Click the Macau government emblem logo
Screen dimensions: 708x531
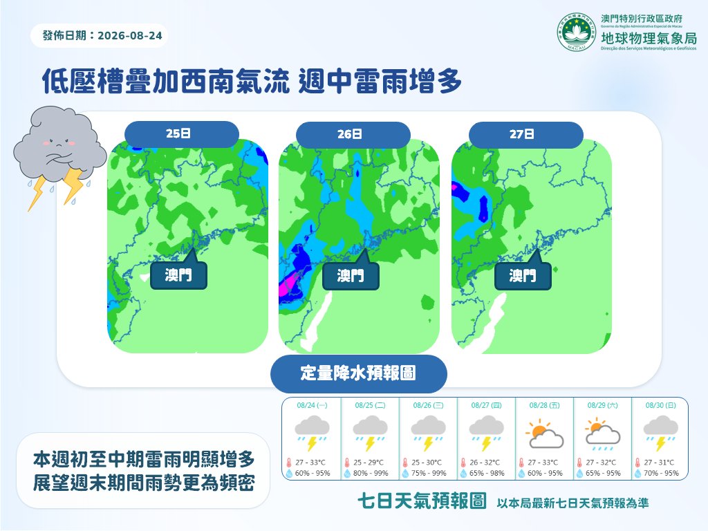(x=576, y=32)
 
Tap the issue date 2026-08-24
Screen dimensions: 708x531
(x=129, y=36)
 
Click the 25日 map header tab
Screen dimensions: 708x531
(x=182, y=133)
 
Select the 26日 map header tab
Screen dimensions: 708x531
(x=353, y=134)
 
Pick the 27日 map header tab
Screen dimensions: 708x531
(x=526, y=135)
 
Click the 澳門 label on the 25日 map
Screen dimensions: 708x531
(x=179, y=275)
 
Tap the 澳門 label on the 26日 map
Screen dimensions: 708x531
(x=351, y=275)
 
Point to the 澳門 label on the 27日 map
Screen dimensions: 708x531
(x=523, y=275)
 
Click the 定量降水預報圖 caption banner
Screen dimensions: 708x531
(x=359, y=373)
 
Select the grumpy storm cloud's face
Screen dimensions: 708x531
(x=59, y=145)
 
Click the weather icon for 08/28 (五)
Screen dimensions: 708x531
(x=545, y=434)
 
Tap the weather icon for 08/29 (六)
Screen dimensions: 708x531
(x=603, y=434)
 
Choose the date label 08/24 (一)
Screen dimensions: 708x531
(x=312, y=405)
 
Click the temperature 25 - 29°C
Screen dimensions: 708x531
(x=369, y=463)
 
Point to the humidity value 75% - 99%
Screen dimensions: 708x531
(x=429, y=473)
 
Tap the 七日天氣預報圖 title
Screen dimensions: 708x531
(x=422, y=501)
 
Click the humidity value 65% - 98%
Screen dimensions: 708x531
(x=487, y=473)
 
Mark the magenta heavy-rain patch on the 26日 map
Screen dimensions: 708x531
(x=287, y=286)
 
